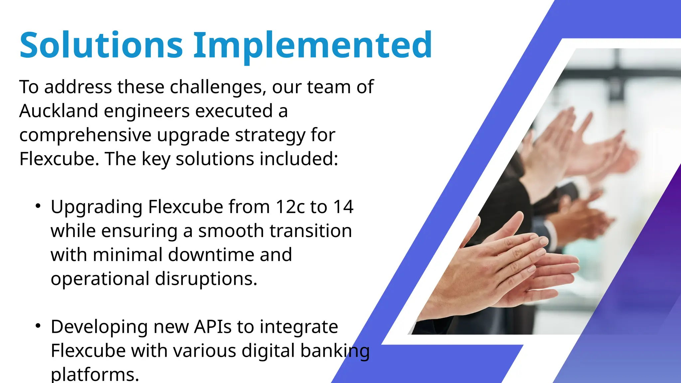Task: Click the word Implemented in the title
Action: (x=313, y=45)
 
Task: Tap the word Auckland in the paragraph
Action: (x=59, y=111)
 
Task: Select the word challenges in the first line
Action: (x=218, y=87)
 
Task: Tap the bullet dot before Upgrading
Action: (x=38, y=206)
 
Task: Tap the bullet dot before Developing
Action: (x=38, y=326)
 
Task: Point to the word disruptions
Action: (x=206, y=279)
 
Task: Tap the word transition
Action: (x=311, y=231)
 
